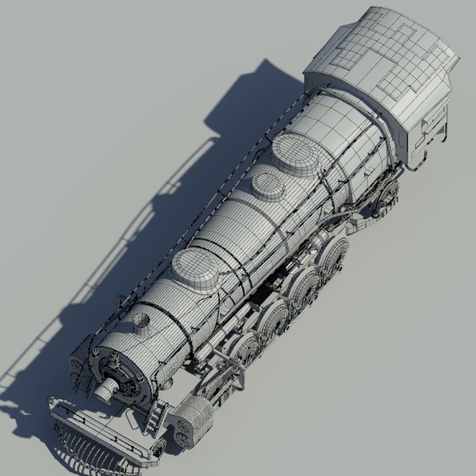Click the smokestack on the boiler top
pos(141,322)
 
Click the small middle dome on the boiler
pos(268,186)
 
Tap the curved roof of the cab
pos(381,56)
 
